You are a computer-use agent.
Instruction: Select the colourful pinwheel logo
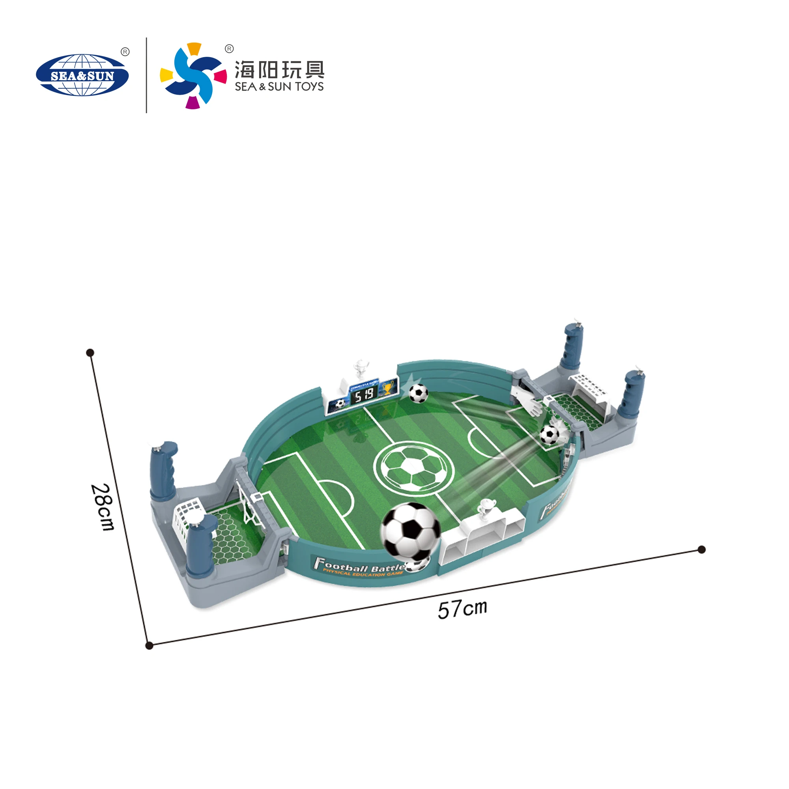pyautogui.click(x=193, y=76)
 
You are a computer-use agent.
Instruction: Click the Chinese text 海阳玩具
pyautogui.click(x=279, y=69)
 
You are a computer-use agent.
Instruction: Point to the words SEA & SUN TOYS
pyautogui.click(x=279, y=86)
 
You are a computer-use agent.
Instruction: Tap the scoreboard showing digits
pyautogui.click(x=364, y=395)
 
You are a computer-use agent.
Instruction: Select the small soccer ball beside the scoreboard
pyautogui.click(x=418, y=393)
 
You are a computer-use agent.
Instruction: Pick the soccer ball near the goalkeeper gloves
pyautogui.click(x=549, y=434)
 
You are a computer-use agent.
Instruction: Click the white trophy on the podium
pyautogui.click(x=486, y=509)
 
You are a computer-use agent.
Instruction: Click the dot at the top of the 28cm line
pyautogui.click(x=91, y=352)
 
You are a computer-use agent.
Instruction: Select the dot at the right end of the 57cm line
pyautogui.click(x=701, y=549)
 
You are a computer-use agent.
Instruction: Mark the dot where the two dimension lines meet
pyautogui.click(x=150, y=645)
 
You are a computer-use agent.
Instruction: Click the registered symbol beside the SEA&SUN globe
pyautogui.click(x=125, y=52)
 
